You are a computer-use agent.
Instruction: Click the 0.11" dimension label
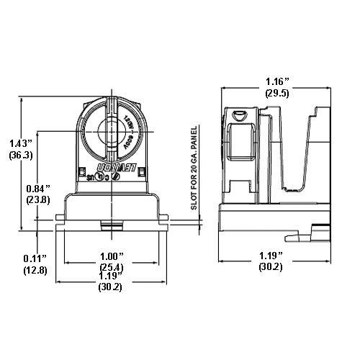point(34,258)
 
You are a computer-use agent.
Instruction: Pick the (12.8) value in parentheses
point(34,270)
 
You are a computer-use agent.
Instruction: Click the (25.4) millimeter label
point(111,268)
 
